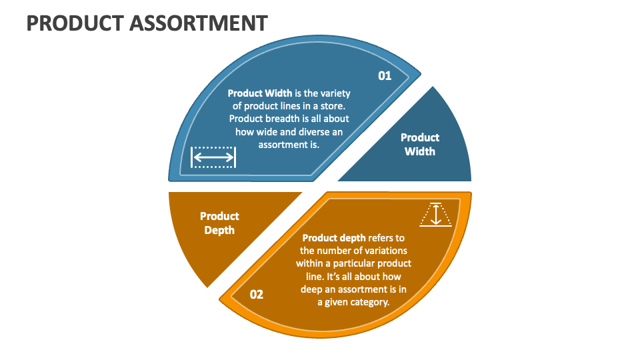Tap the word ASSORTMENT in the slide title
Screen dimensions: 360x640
(x=198, y=23)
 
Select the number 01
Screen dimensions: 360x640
(x=385, y=76)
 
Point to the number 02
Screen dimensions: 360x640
(x=256, y=294)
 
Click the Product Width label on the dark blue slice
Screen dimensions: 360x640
(x=420, y=144)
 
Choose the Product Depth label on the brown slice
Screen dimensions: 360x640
(x=219, y=223)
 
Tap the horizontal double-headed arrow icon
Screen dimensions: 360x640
(x=213, y=157)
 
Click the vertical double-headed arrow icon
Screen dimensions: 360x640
(x=436, y=215)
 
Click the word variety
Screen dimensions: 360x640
(x=335, y=93)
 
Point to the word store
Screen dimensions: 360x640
(x=331, y=106)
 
